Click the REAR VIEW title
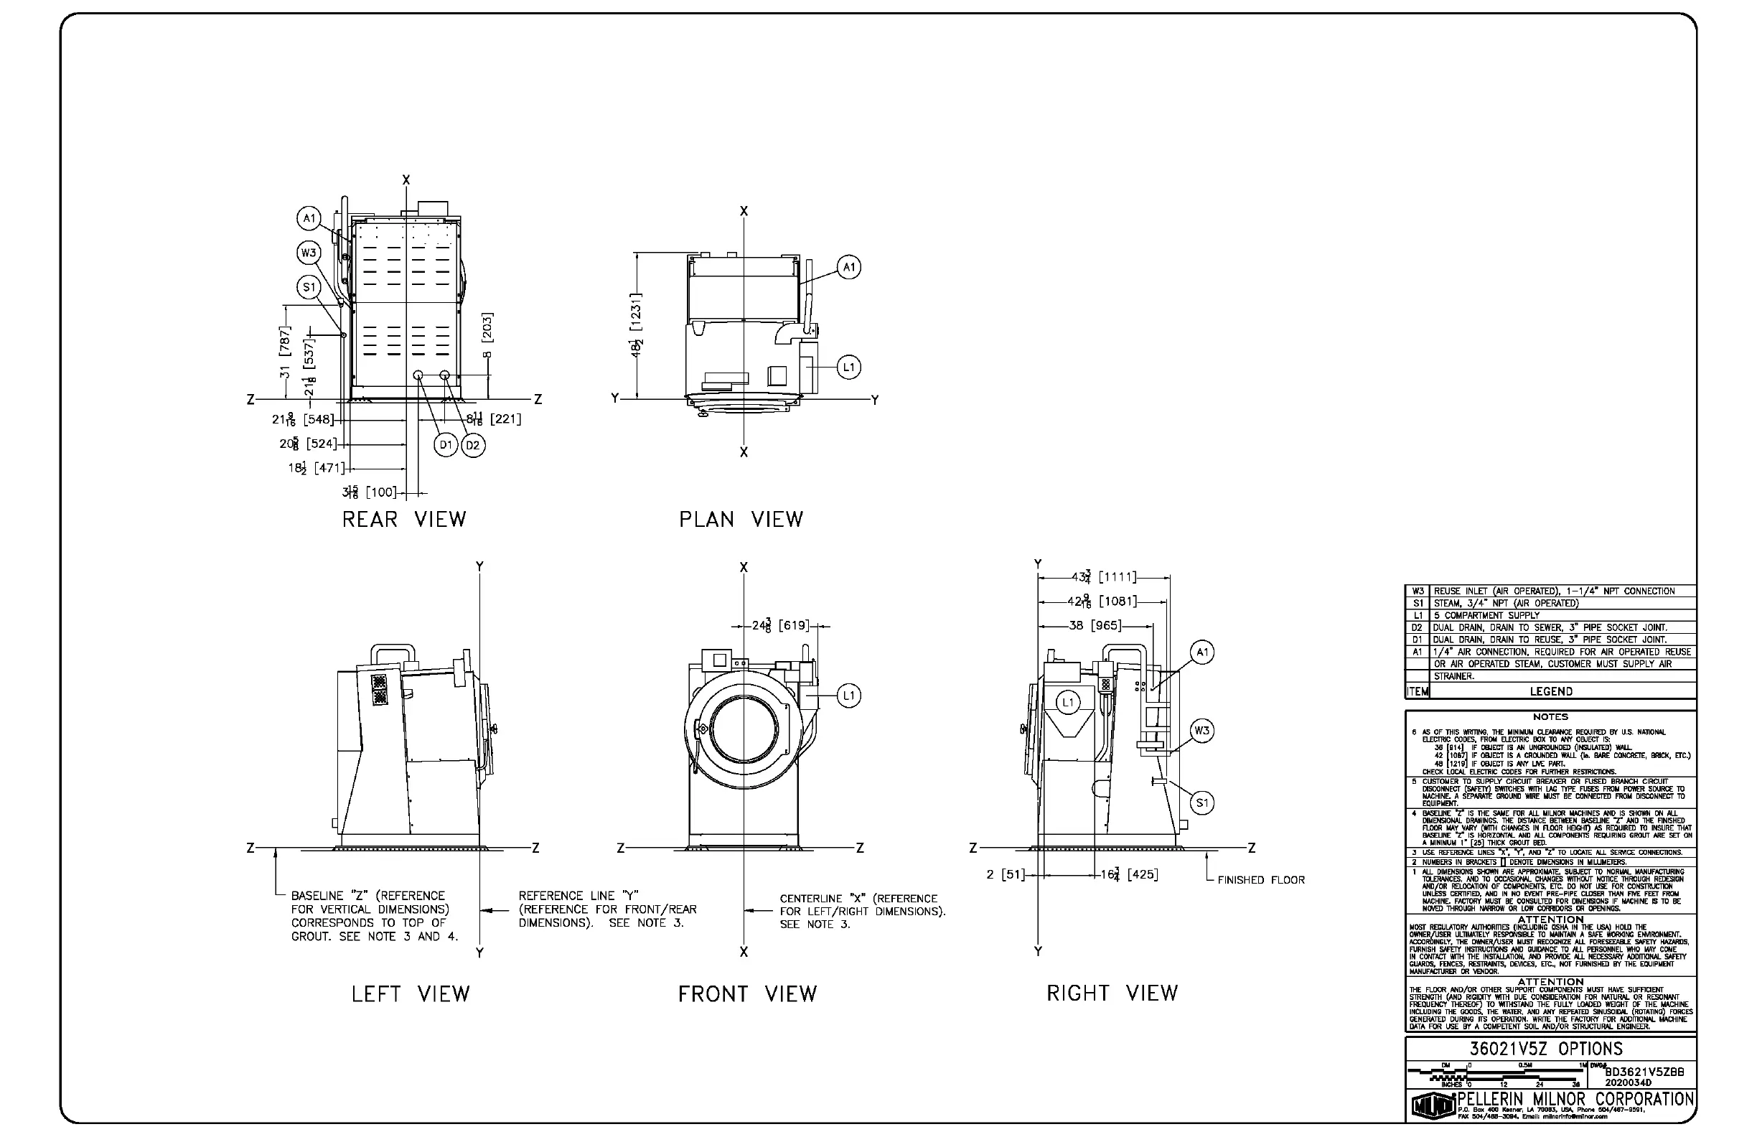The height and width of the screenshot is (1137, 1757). [404, 520]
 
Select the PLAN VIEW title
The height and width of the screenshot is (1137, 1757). [741, 520]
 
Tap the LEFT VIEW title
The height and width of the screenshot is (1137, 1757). [411, 994]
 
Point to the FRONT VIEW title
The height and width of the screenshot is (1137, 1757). [747, 994]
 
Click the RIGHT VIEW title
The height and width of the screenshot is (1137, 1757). [1112, 993]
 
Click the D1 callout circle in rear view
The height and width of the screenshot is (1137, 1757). [446, 445]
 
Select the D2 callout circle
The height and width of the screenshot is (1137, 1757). [473, 445]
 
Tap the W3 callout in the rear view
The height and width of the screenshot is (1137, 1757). [308, 253]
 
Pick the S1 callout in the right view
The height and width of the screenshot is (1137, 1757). [1203, 803]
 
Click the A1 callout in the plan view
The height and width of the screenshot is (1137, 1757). [849, 267]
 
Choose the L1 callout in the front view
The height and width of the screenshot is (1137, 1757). [849, 696]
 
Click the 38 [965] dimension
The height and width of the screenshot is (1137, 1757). [1095, 626]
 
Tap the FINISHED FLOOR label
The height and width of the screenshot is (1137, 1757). [1261, 880]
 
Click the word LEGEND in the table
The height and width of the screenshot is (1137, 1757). [1550, 692]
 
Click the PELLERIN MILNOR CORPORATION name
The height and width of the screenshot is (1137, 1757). [1575, 1100]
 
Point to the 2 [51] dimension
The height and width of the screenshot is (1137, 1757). [1006, 875]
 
